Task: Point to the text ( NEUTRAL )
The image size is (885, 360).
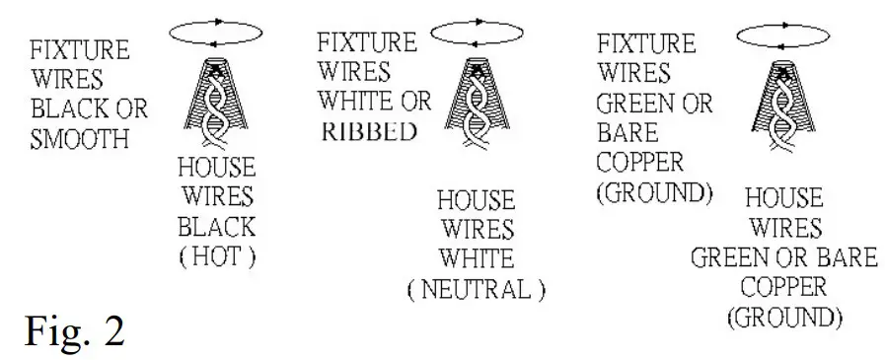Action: [x=477, y=288]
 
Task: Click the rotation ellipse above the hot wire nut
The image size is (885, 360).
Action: [x=215, y=34]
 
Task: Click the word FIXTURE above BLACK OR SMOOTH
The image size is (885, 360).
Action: [x=79, y=50]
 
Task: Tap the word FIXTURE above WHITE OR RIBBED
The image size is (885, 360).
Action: [x=366, y=44]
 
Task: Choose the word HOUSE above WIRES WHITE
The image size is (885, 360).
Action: [x=477, y=201]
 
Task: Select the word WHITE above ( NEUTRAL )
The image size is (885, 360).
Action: [x=477, y=259]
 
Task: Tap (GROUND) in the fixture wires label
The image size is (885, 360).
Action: [x=654, y=191]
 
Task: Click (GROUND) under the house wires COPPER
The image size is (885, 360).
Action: [x=783, y=318]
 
